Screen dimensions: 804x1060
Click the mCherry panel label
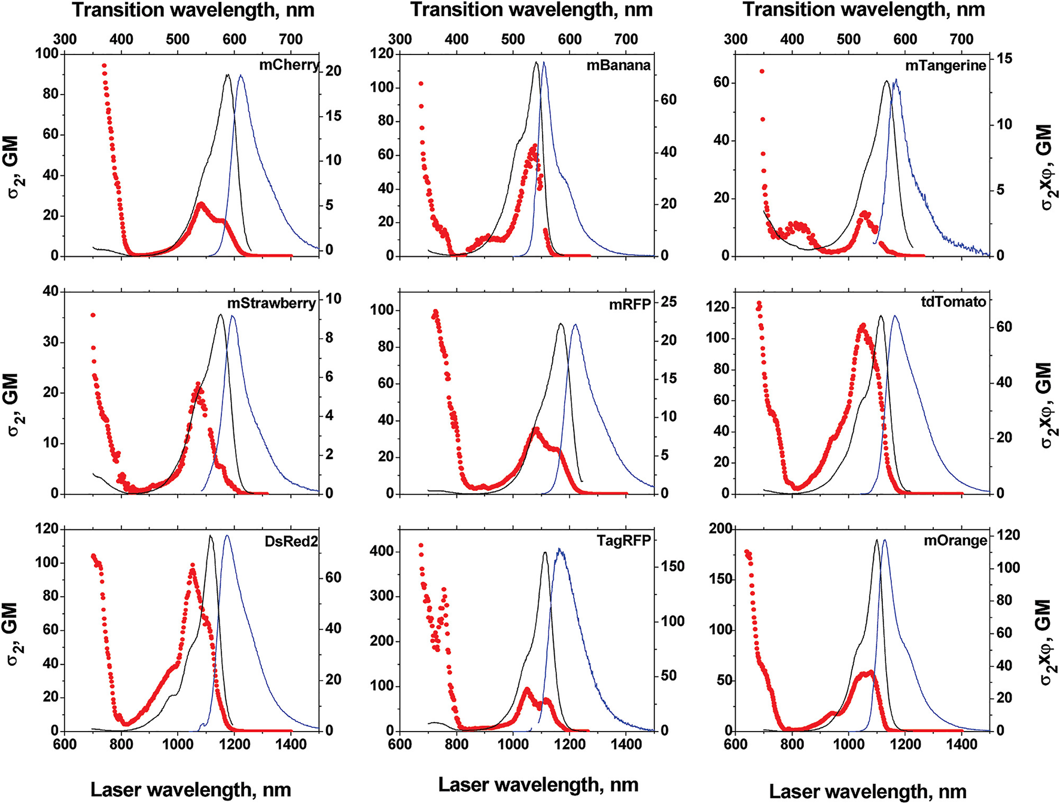[x=289, y=65]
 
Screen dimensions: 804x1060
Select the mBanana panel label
[x=619, y=65]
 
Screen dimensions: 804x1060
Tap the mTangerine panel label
[x=945, y=65]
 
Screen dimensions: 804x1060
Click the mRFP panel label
[x=630, y=304]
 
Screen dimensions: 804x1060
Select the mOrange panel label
[x=955, y=541]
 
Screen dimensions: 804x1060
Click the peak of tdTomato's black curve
[x=881, y=316]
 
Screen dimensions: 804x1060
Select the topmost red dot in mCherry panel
[x=104, y=66]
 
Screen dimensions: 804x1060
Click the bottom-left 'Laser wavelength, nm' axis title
[x=190, y=790]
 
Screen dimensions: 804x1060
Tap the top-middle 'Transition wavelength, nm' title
[x=531, y=10]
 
